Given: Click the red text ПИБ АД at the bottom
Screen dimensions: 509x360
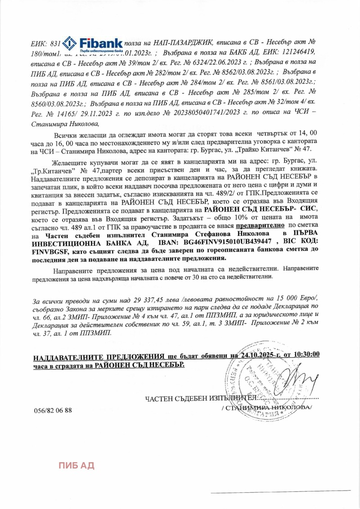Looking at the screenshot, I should [x=76, y=465].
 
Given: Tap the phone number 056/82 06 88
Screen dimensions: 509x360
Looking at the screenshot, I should [x=53, y=410].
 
